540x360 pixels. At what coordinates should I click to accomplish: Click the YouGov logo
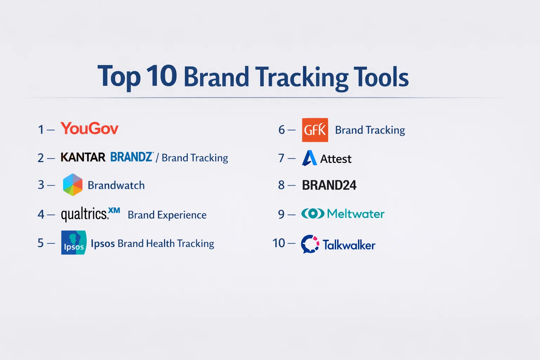coord(89,128)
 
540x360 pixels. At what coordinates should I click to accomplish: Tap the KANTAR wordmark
coord(83,157)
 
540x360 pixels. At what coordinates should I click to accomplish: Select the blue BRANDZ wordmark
coord(131,157)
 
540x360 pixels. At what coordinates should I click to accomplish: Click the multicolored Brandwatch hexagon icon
coord(72,185)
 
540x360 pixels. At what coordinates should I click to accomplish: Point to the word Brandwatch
coord(116,185)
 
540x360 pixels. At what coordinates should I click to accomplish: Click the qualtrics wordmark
coord(84,214)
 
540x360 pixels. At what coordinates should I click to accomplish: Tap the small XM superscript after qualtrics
coord(114,210)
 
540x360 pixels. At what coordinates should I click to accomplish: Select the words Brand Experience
coord(167,215)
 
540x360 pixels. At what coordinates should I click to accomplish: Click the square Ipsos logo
coord(74,243)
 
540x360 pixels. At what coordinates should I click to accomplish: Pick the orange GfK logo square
coord(315,130)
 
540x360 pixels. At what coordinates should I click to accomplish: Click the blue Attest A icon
coord(309,158)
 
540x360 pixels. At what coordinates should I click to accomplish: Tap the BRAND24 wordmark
coord(329,185)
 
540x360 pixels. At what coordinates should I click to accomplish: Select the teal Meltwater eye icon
coord(313,214)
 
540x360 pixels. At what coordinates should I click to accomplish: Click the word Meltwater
coord(356,214)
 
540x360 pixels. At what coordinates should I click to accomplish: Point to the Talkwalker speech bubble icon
coord(310,244)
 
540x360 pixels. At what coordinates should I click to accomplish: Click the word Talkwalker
coord(349,245)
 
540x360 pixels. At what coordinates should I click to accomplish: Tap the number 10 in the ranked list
coord(279,243)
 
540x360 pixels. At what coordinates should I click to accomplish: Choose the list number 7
coord(281,158)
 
